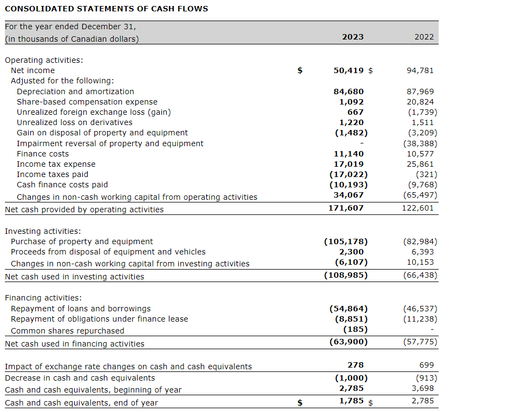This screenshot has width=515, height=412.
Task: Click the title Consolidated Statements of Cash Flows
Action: point(106,9)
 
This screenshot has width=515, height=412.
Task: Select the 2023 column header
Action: point(353,37)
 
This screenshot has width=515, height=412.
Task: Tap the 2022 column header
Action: point(424,37)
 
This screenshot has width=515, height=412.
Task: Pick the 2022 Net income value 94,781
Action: point(420,70)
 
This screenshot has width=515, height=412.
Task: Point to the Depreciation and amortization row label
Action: point(75,91)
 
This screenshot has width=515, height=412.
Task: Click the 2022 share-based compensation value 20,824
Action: point(420,102)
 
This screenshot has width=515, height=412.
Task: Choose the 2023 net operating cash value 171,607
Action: point(346,208)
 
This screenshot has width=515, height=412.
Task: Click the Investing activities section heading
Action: point(43,231)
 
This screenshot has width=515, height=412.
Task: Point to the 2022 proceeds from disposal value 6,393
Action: point(422,252)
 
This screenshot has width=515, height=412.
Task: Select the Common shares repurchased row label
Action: point(67,331)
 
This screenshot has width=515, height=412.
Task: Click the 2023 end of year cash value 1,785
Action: point(351,401)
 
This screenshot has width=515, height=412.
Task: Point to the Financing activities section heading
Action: point(43,298)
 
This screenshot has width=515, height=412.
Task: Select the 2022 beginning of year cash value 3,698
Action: point(422,388)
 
